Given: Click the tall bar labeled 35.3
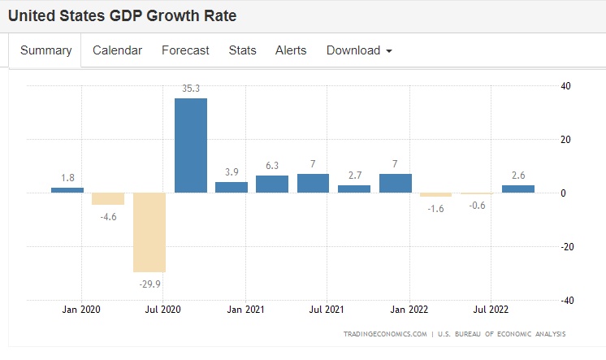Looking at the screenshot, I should coord(190,145).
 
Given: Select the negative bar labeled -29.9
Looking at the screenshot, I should coord(149,232).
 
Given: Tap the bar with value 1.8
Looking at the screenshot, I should coord(67,190).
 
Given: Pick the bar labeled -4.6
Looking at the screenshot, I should coord(108,199).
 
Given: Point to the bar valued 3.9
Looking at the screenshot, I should coord(232,187).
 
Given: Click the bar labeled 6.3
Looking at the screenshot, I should coord(272,184).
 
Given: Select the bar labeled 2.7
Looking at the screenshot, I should coord(354,189).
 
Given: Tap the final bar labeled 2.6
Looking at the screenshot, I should coord(518,189).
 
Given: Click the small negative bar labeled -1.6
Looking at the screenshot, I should coord(436,195).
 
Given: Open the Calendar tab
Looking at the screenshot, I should coord(117,50).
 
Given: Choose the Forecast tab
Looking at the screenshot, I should coord(185,50).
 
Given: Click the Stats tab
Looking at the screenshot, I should coord(242,50).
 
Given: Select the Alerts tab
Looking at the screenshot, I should coord(291,50).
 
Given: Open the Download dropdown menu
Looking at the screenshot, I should coord(359,50).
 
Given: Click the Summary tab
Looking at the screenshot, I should coord(45,50).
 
